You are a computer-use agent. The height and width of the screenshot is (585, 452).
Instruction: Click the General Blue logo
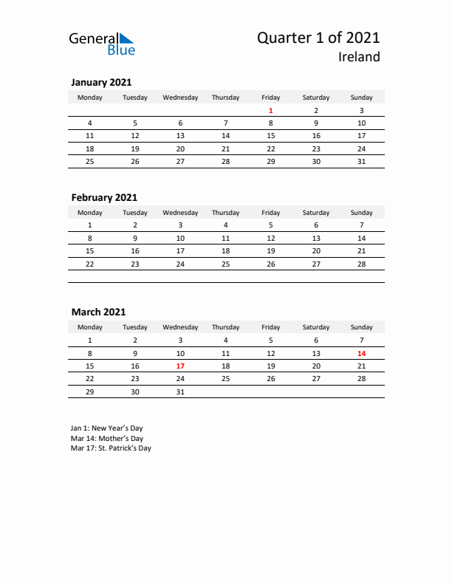(102, 44)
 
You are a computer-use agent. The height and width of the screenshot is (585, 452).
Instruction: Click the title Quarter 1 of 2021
(318, 38)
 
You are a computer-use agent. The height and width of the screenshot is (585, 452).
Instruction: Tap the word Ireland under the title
(360, 57)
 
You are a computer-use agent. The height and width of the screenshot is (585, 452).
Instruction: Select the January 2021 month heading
(101, 83)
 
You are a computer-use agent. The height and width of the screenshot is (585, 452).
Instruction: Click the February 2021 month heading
(104, 197)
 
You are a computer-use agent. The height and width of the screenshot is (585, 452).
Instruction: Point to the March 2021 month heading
(98, 312)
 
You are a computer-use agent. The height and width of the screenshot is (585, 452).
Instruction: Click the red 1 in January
(270, 110)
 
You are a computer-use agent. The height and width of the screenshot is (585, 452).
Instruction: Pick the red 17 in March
(180, 366)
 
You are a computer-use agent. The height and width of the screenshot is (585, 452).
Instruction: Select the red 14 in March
(361, 353)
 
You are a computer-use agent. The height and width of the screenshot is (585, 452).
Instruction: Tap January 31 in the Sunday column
(361, 161)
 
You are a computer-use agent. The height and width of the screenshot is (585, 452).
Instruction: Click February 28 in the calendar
(361, 264)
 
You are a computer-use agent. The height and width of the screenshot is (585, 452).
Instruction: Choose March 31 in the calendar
(180, 391)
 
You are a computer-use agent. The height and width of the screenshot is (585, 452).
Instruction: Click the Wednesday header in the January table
(180, 97)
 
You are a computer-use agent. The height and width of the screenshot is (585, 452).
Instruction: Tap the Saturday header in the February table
(316, 213)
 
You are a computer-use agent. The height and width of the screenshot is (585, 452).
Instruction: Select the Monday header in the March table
(90, 327)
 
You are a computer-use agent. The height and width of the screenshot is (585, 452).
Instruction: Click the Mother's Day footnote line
(107, 438)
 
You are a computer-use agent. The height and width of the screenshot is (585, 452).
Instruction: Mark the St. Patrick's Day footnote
(111, 448)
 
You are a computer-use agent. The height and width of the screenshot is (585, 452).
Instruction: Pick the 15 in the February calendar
(90, 251)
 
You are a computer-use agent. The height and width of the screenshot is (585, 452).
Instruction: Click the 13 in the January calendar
(180, 136)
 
